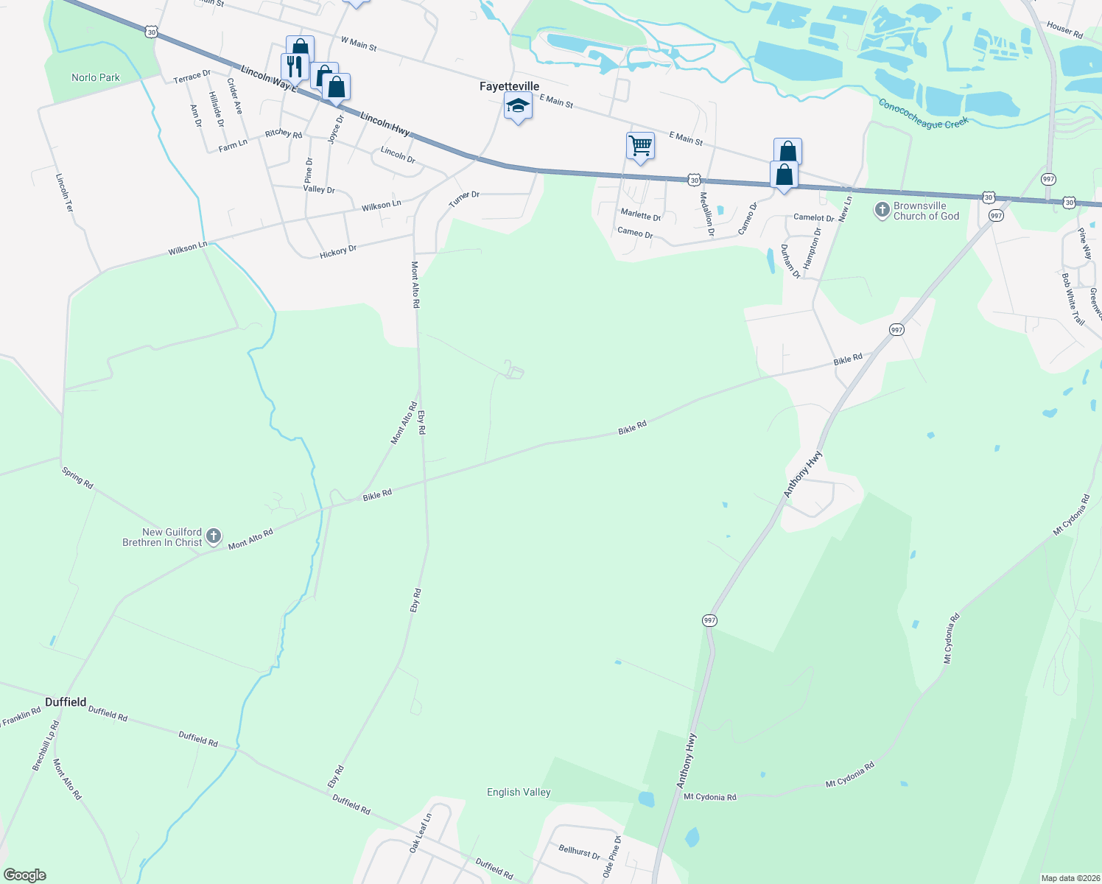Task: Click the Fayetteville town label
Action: click(x=509, y=86)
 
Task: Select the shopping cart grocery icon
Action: click(x=640, y=146)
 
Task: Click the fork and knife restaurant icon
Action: click(x=294, y=66)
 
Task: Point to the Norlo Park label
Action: click(x=96, y=77)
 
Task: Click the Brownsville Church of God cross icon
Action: click(x=882, y=211)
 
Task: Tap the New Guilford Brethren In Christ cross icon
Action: click(x=214, y=536)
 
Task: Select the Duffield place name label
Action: click(x=66, y=702)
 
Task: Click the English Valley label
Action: click(x=519, y=792)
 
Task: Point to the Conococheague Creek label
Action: click(x=923, y=114)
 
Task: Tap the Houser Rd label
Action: click(x=1064, y=30)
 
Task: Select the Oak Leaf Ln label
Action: click(x=421, y=833)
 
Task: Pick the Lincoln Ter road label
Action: click(x=65, y=193)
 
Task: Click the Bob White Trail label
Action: click(x=1073, y=298)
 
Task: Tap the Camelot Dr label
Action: click(x=813, y=217)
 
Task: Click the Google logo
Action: click(x=25, y=875)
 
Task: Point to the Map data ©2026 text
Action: click(x=1069, y=878)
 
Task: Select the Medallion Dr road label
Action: click(x=706, y=214)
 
